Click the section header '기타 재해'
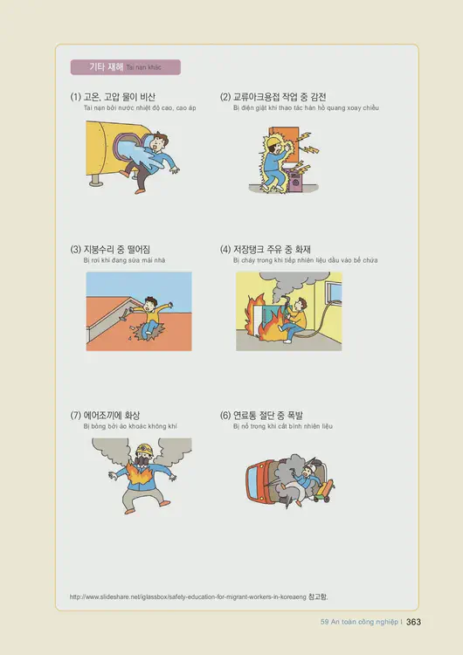click(106, 66)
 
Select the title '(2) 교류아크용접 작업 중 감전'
click(273, 97)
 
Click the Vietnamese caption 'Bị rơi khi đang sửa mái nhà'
click(123, 260)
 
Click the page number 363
click(414, 622)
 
